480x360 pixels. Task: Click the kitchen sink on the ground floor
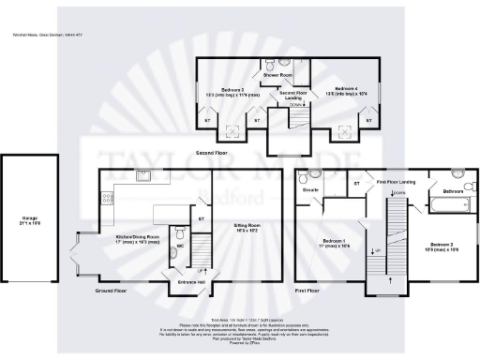point(144,175)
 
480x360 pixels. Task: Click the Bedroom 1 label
point(334,240)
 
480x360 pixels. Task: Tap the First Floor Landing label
point(396,182)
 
